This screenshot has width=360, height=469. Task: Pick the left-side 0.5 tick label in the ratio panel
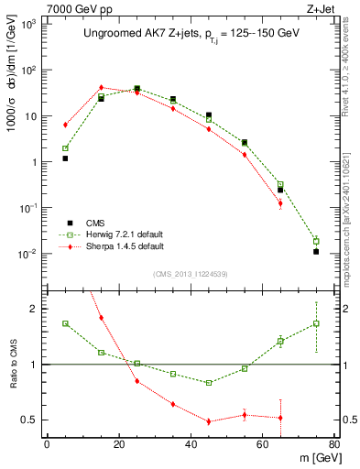[30, 420]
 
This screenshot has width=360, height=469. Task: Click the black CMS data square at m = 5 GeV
[65, 158]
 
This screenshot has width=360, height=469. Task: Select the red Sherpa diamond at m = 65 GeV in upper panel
[280, 203]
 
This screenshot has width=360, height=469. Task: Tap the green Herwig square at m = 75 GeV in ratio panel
[316, 323]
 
